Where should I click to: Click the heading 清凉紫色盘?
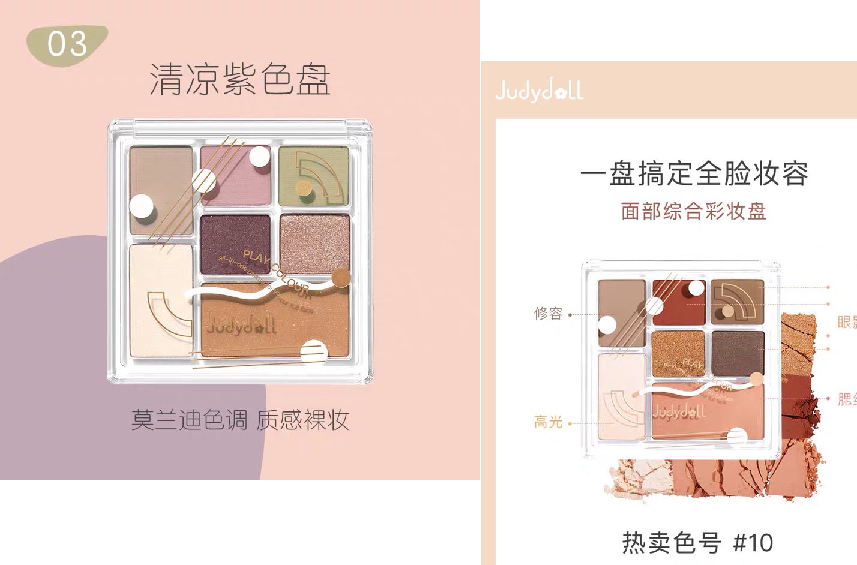239,80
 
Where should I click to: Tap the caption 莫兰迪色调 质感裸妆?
240,420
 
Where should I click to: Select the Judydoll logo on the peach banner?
539,91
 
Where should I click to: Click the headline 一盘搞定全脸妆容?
694,174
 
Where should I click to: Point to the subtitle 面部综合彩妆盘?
694,211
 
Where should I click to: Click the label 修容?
548,314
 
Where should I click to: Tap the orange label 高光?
548,423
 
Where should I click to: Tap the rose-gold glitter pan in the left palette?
314,242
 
